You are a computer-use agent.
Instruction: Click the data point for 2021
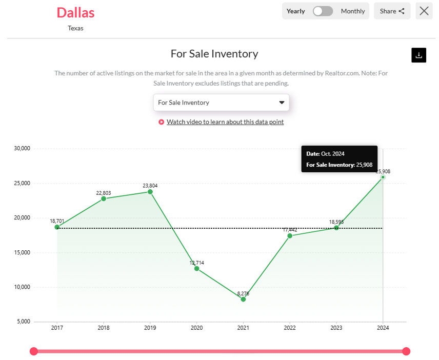point(243,299)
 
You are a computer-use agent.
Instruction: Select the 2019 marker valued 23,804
point(150,192)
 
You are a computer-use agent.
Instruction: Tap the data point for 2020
point(196,268)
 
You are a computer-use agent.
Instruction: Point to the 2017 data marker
point(57,227)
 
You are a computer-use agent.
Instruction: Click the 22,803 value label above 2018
point(103,193)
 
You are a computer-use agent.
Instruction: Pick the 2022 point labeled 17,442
point(290,235)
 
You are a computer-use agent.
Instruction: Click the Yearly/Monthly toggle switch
point(323,11)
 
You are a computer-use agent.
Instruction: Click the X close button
point(424,11)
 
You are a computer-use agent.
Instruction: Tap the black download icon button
point(419,55)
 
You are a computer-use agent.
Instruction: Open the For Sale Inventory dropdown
point(221,103)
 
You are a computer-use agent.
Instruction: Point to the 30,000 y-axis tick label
point(22,149)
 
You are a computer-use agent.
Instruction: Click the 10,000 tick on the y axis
point(22,287)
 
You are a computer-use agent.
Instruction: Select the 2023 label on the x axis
point(336,328)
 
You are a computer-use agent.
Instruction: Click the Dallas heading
point(75,12)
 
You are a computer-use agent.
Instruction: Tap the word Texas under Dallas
point(75,28)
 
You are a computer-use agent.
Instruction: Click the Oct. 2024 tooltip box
point(339,159)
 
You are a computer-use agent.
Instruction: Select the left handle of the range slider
point(34,351)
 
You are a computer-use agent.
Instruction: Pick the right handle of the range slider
point(406,351)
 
